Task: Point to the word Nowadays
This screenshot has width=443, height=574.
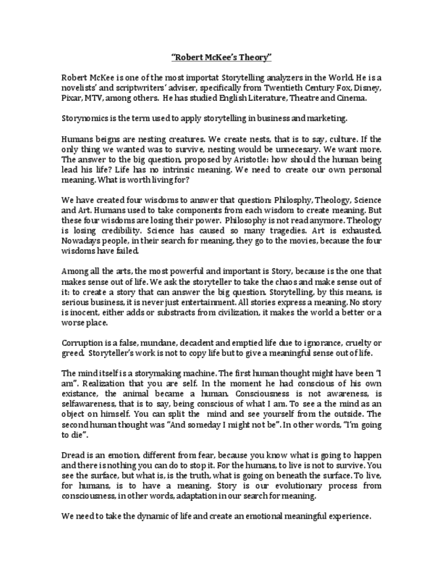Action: [x=81, y=240]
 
